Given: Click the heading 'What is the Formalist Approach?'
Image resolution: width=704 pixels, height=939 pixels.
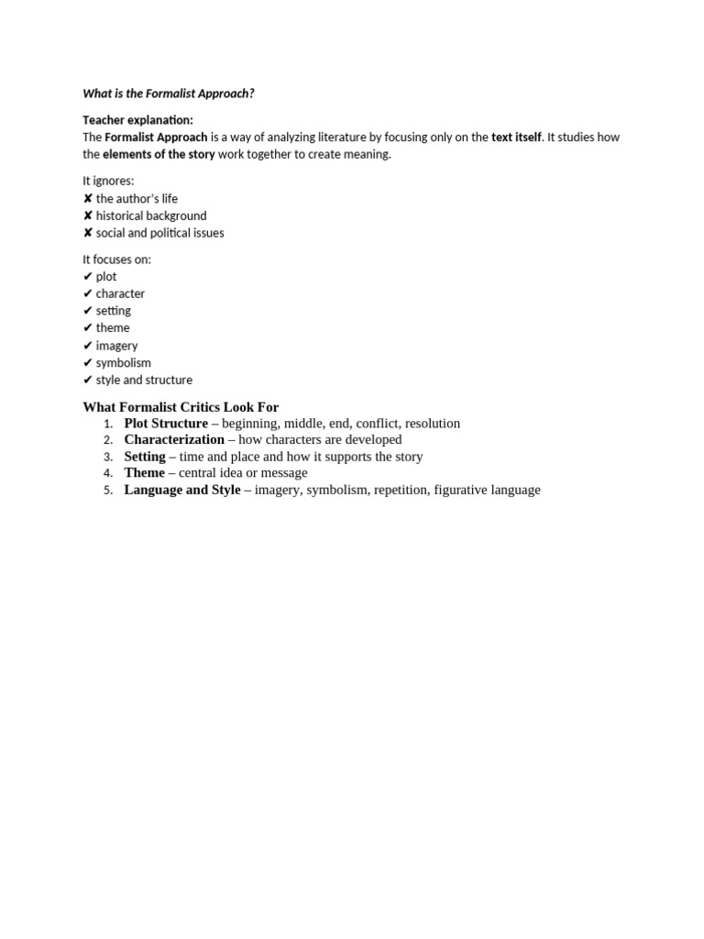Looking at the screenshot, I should coord(169,94).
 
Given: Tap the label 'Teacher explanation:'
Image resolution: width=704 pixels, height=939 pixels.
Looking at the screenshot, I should coord(137,120).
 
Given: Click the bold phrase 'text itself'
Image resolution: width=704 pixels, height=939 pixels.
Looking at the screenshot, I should coord(516,138).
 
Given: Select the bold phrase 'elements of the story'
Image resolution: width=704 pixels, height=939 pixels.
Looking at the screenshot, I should coord(159,154).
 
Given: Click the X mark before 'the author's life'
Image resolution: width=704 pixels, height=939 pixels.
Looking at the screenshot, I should coord(87,199).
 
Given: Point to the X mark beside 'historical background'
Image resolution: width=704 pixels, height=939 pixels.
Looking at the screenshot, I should coord(87,216).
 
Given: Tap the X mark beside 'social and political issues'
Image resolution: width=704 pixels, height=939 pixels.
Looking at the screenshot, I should coord(87,233).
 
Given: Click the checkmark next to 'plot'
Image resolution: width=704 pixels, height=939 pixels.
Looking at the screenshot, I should coord(87,277).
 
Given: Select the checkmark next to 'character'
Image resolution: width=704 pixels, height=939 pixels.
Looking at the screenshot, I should coord(87,294).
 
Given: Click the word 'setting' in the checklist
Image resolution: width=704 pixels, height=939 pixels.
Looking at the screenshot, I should coord(114,311).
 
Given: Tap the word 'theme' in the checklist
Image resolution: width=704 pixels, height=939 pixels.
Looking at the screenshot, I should coord(113,328).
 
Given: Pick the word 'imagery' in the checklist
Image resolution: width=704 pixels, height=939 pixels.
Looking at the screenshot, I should coord(116,346).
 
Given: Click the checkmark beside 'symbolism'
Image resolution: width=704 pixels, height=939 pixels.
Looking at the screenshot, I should coord(87,363).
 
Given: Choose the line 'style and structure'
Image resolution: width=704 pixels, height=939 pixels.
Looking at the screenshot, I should coord(144,380).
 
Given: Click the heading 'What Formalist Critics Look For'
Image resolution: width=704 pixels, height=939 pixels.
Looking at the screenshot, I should coord(181,407).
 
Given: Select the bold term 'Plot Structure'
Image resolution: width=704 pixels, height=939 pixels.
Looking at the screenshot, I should coord(166,424).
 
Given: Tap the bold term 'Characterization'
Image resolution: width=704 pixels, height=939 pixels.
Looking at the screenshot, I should coord(174,440).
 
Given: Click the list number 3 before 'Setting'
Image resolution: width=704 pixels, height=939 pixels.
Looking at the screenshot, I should coord(108,457).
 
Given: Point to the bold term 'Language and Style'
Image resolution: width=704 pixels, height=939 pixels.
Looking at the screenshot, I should coord(182,490).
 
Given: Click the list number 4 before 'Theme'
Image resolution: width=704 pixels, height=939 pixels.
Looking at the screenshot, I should coord(108,473).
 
